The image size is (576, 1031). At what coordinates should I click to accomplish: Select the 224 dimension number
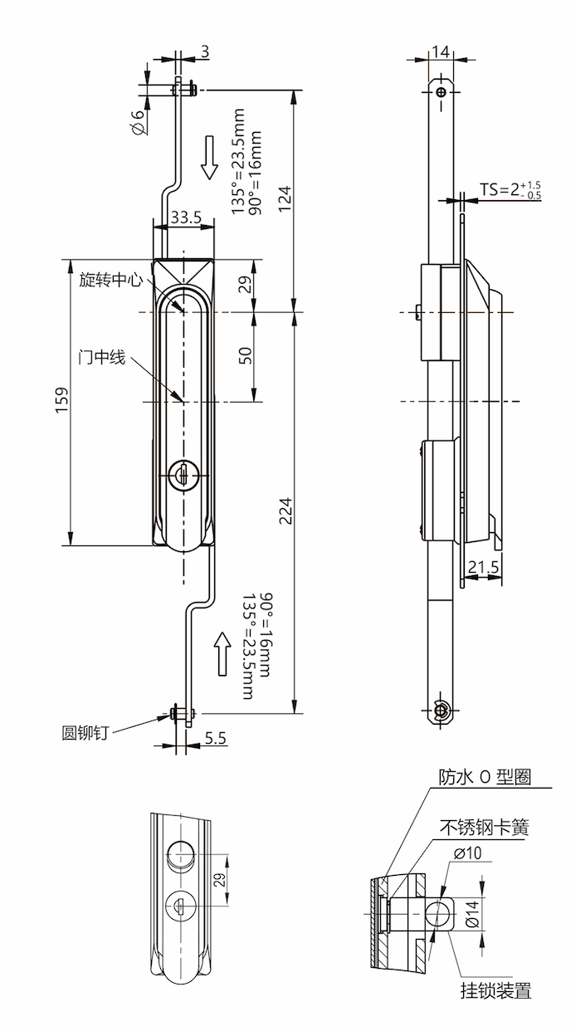(x=285, y=513)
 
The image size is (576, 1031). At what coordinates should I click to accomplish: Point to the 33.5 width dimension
(x=185, y=217)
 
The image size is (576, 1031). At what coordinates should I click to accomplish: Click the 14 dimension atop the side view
(x=442, y=51)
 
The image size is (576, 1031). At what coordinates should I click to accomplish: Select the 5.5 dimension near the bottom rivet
(x=215, y=736)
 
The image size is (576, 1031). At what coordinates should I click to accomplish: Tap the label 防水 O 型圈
(x=484, y=777)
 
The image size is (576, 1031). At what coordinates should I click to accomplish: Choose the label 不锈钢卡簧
(x=484, y=827)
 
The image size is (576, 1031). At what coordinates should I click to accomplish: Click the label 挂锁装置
(x=496, y=989)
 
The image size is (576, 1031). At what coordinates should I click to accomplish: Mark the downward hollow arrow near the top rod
(x=209, y=159)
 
